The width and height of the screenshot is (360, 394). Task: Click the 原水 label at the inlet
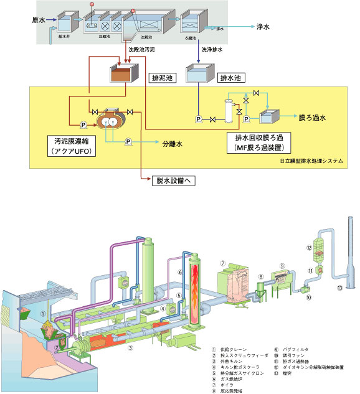click(39, 20)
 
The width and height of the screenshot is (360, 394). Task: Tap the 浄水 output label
click(263, 27)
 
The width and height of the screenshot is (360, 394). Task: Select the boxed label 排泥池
click(164, 78)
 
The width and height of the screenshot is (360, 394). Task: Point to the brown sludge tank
click(123, 76)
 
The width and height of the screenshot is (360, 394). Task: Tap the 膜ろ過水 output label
click(316, 116)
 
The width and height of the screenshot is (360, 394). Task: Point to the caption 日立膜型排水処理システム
click(311, 161)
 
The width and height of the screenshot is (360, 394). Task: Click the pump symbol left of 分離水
click(127, 142)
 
